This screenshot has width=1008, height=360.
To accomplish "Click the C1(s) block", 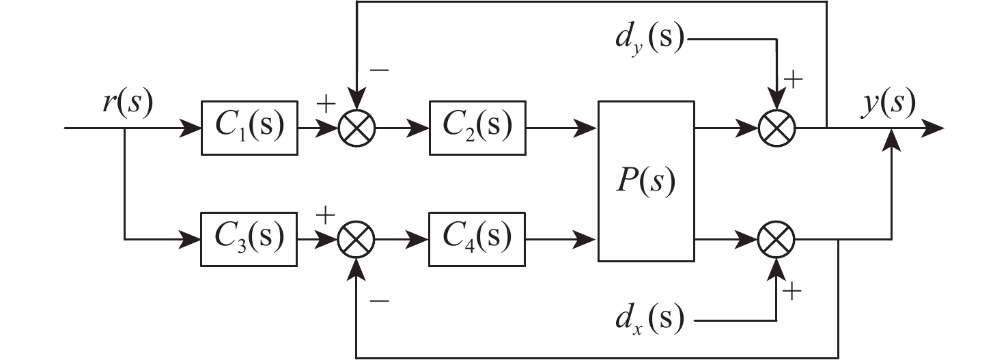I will [x=250, y=128].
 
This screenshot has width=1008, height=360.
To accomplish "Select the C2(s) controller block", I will [x=477, y=128].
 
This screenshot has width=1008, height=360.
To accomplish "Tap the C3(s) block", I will [x=249, y=239].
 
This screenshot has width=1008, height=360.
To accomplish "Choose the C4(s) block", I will [x=477, y=239].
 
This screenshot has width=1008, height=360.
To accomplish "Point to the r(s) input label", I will [x=126, y=105].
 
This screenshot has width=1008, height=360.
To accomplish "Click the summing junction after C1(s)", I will [x=357, y=128].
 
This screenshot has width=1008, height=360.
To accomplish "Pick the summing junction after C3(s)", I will [x=357, y=239].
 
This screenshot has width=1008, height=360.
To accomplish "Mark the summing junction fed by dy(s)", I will [x=777, y=128].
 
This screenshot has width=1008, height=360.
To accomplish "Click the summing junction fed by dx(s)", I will [x=777, y=239].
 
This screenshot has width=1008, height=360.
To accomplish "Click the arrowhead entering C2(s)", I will [x=421, y=128].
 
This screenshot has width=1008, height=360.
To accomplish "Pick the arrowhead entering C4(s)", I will [x=421, y=239].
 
